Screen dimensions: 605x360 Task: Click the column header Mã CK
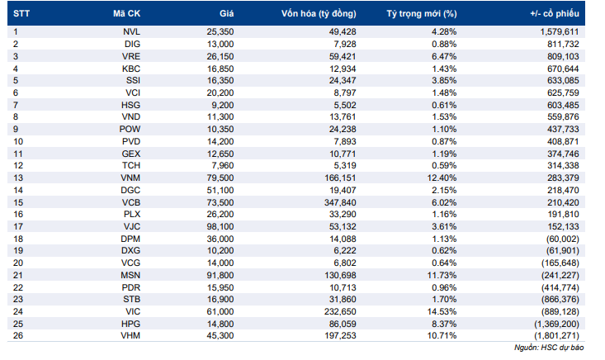coord(126,13)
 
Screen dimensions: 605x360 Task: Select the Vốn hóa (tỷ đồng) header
coord(319,14)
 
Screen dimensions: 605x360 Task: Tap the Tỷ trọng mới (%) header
coord(422,14)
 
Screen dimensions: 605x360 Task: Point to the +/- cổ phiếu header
coord(555,14)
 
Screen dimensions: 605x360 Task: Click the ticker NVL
coord(131,31)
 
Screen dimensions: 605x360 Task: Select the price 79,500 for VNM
coord(220,178)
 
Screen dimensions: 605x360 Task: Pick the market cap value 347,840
coord(340,202)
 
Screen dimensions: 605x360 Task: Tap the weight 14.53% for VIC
coord(442,311)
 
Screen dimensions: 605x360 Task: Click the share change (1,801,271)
coord(557,336)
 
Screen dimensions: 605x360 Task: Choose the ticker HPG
coord(130,324)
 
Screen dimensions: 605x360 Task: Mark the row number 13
coord(18,178)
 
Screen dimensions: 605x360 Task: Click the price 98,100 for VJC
coord(220,226)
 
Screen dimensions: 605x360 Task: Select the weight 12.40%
coord(442,178)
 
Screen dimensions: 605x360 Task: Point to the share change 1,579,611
coord(560,31)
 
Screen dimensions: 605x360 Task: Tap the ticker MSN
coord(130,275)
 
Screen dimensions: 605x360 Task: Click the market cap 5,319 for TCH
coord(345,165)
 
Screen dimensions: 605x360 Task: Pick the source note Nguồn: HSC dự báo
coord(549,348)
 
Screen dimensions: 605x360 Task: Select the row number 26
coord(18,336)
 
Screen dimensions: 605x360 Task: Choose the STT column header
coord(21,14)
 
